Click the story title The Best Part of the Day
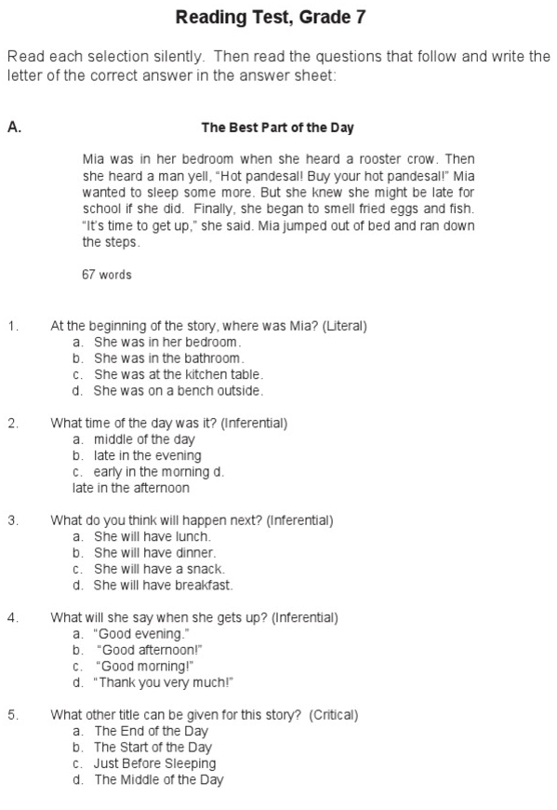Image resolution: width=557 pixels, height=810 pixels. pyautogui.click(x=277, y=128)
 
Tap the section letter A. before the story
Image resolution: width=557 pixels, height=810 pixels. pyautogui.click(x=14, y=128)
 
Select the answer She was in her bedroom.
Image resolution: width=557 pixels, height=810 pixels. pyautogui.click(x=161, y=343)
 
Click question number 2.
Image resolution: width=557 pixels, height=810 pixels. pyautogui.click(x=13, y=424)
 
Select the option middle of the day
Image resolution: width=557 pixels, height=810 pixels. pyautogui.click(x=144, y=439)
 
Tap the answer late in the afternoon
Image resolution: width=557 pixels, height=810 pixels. pyautogui.click(x=131, y=488)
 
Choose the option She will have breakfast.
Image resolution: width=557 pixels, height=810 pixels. pyautogui.click(x=163, y=586)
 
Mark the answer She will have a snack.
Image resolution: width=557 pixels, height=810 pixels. pyautogui.click(x=159, y=569)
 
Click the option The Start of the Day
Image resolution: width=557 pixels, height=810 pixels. pyautogui.click(x=153, y=748)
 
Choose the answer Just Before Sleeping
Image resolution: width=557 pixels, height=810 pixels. pyautogui.click(x=154, y=763)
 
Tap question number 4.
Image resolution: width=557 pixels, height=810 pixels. pyautogui.click(x=13, y=617)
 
